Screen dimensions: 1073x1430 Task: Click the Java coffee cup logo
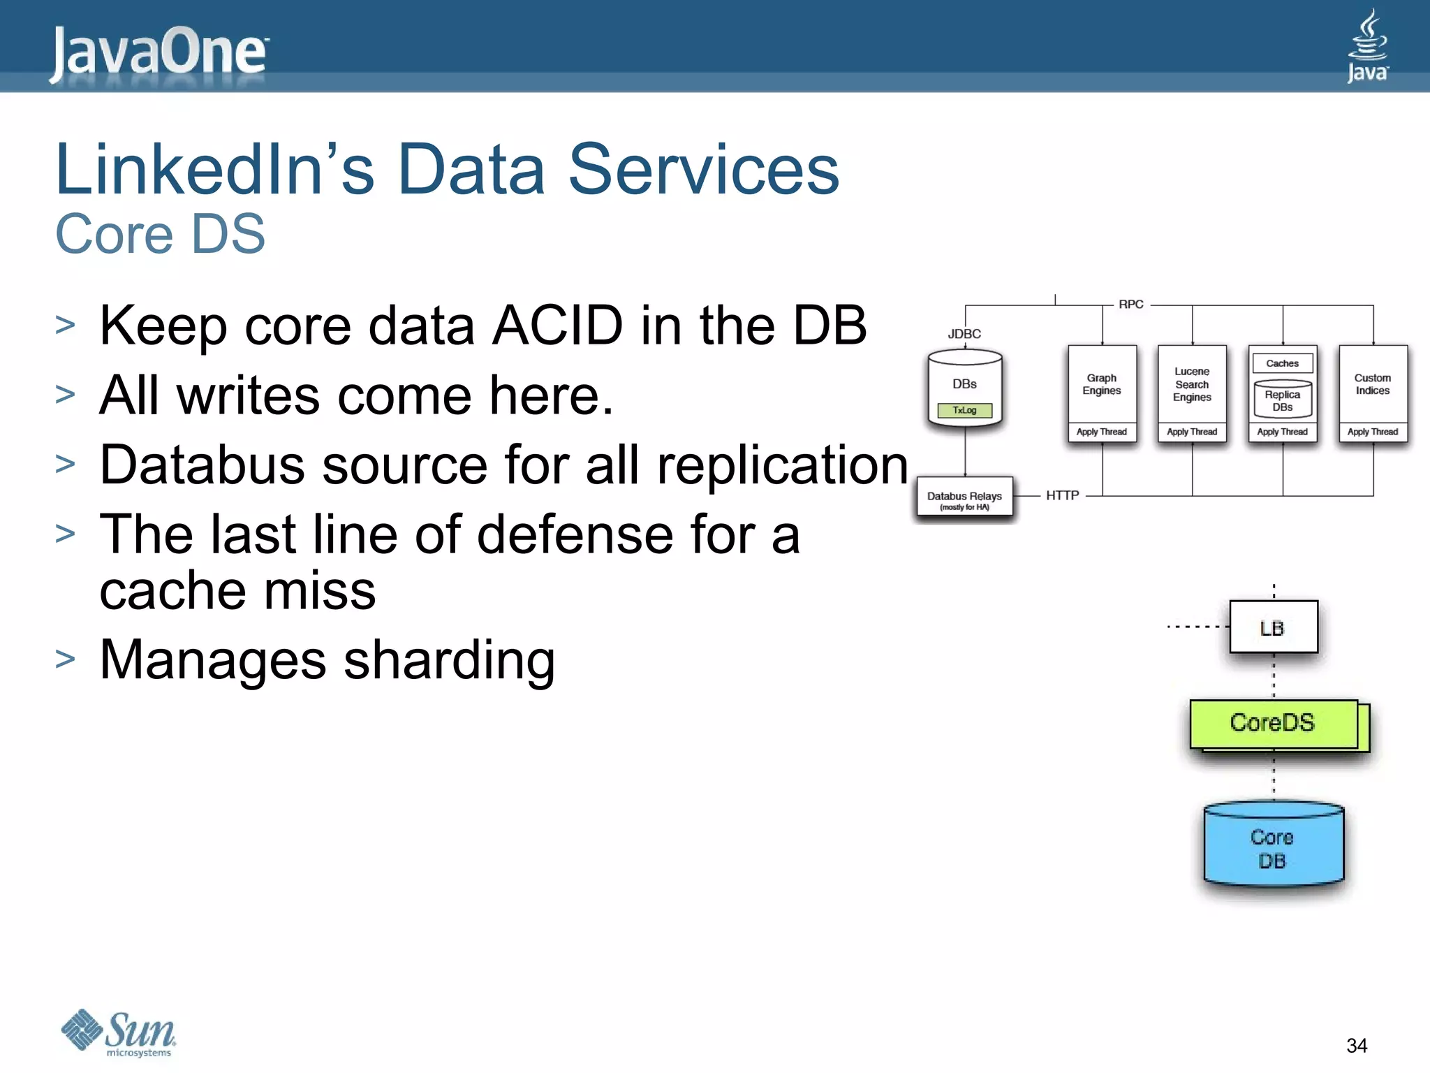pos(1367,45)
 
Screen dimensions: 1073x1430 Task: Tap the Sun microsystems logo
pos(119,1032)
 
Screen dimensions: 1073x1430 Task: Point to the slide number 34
pos(1356,1046)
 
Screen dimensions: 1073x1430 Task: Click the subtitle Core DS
pos(160,234)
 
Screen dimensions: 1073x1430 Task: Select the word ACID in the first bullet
pos(556,326)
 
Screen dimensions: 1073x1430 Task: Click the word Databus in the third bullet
pos(202,465)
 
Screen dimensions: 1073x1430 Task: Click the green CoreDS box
pos(1273,724)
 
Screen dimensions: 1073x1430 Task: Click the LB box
pos(1273,627)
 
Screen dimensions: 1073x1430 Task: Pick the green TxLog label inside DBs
pos(964,411)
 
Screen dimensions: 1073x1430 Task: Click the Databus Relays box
pos(964,498)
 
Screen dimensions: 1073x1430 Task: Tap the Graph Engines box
pos(1102,385)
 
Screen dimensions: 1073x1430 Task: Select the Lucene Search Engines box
pos(1192,385)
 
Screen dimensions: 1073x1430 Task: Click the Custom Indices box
pos(1373,385)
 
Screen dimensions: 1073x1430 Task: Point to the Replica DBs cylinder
pos(1283,401)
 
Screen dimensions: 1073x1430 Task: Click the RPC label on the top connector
pos(1131,305)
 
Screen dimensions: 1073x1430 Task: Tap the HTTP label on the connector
pos(1063,495)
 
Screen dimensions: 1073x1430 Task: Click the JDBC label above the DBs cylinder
pos(964,334)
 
